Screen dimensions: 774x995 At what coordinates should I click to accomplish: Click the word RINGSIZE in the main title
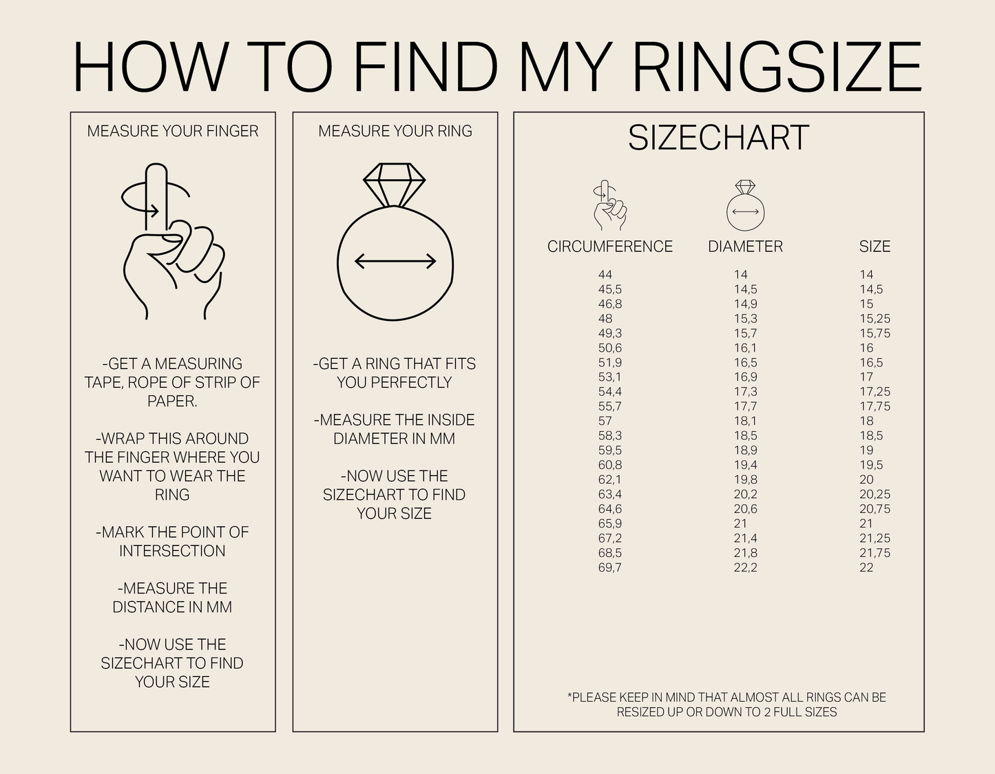[x=777, y=67]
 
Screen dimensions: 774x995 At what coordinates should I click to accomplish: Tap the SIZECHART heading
[x=718, y=138]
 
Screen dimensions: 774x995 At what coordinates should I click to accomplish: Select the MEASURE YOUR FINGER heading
[x=173, y=131]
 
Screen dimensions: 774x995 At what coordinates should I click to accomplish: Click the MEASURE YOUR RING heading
[x=395, y=131]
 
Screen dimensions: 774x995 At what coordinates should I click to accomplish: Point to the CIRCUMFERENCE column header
[x=609, y=247]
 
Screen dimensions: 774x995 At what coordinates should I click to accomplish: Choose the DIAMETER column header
[x=745, y=247]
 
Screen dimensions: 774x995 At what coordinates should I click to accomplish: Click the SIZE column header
[x=874, y=247]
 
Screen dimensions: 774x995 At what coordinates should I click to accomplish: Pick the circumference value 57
[x=605, y=421]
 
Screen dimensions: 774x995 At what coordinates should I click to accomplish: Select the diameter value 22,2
[x=745, y=567]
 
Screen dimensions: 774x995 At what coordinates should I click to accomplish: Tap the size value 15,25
[x=874, y=319]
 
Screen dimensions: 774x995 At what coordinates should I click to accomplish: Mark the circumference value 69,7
[x=609, y=567]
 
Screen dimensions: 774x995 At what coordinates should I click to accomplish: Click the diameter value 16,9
[x=745, y=377]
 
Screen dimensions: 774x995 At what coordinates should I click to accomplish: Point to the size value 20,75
[x=874, y=509]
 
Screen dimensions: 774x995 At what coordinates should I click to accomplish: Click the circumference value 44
[x=605, y=275]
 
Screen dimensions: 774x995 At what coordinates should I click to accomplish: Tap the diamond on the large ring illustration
[x=395, y=183]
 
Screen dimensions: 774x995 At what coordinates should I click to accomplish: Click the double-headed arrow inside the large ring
[x=395, y=261]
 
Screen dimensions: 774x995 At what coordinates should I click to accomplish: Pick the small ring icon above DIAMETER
[x=746, y=206]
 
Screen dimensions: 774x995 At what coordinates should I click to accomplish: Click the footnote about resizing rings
[x=726, y=704]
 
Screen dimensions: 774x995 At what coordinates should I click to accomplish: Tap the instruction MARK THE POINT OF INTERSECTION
[x=172, y=541]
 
